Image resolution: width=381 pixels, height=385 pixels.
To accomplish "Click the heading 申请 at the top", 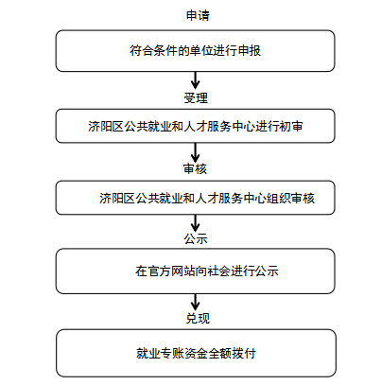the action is pos(198,15).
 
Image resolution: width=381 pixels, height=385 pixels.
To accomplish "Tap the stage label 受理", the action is pos(196,97).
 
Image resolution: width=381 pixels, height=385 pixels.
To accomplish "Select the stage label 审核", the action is pos(195,168).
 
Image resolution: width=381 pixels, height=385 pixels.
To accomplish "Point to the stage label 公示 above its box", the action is pos(196,238).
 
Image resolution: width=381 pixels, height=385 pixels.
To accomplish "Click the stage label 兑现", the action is pos(198,318).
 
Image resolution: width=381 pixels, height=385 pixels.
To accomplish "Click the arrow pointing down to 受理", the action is pos(196,80).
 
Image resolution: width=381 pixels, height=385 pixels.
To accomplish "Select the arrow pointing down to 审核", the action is pos(196,152).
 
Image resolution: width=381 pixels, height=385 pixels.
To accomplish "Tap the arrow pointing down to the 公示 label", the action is pos(196,223).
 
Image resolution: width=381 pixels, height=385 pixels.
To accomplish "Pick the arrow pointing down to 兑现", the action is pos(196,303).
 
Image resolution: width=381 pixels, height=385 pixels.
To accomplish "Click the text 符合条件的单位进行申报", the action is pos(196,50).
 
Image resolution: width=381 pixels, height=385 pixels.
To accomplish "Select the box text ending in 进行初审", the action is pos(196,126).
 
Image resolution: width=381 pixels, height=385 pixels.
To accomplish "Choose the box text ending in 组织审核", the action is pos(207,198).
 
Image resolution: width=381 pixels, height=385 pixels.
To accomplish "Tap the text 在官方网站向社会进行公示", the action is pos(207,271).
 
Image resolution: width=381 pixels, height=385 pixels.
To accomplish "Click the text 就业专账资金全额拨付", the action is pos(196,353).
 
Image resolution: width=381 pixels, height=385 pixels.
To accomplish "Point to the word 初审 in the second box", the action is pos(291,126).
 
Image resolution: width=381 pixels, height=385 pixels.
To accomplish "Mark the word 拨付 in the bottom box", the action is pos(244,353).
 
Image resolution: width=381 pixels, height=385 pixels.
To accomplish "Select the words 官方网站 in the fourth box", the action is pos(171,271).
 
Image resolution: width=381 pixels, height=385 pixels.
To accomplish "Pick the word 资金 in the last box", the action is pos(196,353).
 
